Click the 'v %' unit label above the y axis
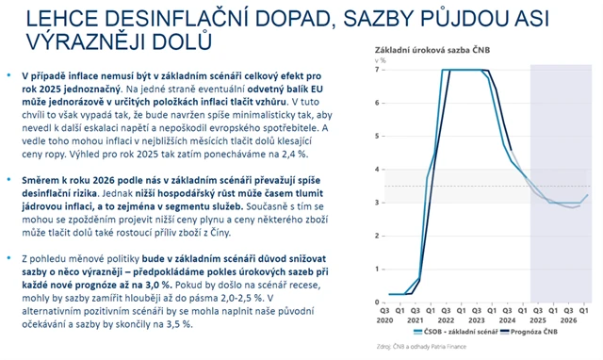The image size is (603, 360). [x=355, y=59]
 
